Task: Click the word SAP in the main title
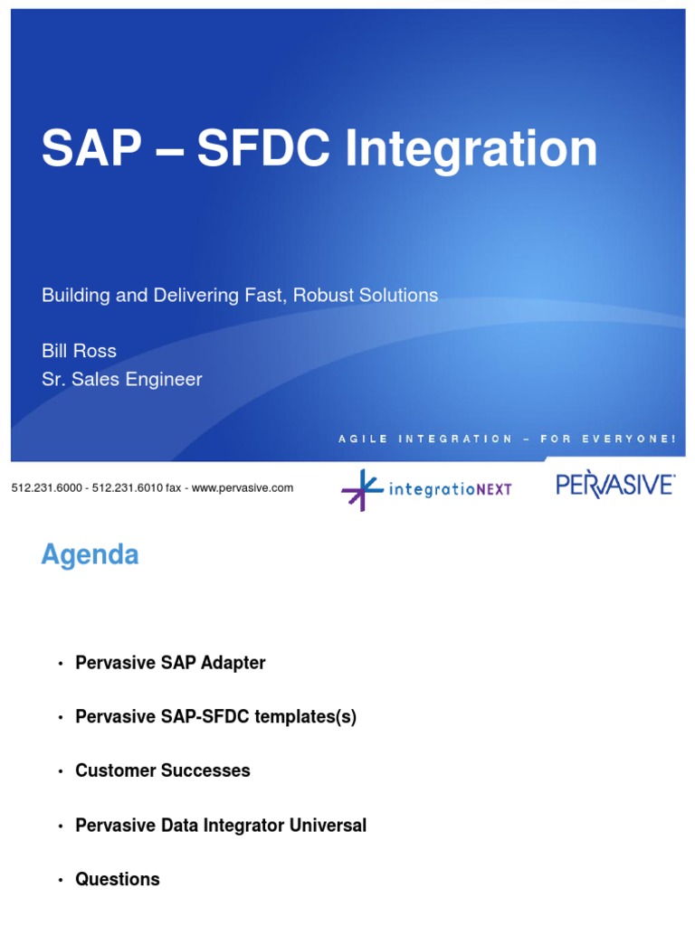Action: [90, 149]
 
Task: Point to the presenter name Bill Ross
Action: [79, 351]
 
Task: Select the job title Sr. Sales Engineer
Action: [121, 380]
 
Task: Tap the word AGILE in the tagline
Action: [363, 439]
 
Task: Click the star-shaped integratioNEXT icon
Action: [362, 489]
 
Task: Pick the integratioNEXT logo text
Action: [450, 490]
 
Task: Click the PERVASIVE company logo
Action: [614, 485]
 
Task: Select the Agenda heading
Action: [90, 554]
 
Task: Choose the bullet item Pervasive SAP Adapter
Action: [170, 664]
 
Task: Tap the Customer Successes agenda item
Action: [163, 771]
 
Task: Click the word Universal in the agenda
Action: [322, 826]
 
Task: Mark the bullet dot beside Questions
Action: [60, 881]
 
